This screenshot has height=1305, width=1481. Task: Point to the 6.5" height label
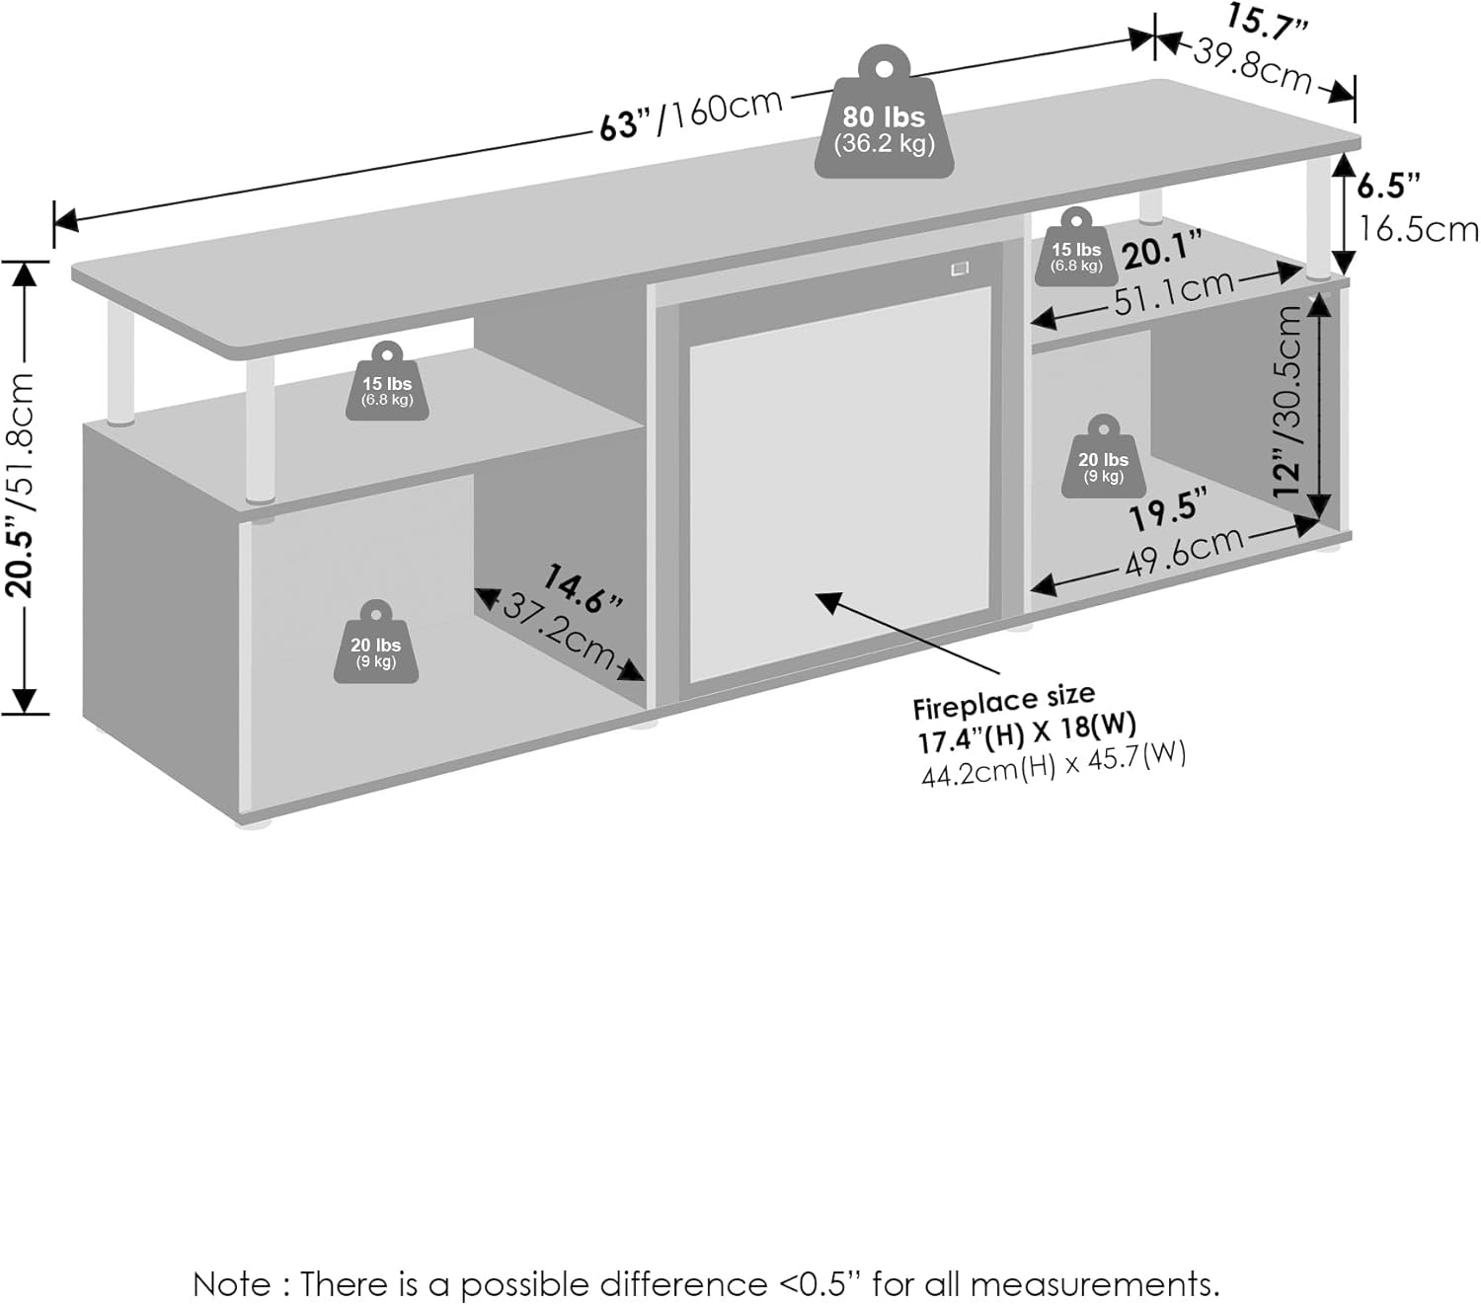pyautogui.click(x=1387, y=185)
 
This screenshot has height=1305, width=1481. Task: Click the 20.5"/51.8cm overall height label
pyautogui.click(x=22, y=485)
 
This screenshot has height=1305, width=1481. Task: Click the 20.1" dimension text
pyautogui.click(x=1162, y=251)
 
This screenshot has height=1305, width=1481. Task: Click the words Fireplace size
pyautogui.click(x=1003, y=701)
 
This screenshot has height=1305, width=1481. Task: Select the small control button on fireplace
pyautogui.click(x=959, y=269)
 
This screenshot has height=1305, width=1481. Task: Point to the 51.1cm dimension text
pyautogui.click(x=1174, y=292)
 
